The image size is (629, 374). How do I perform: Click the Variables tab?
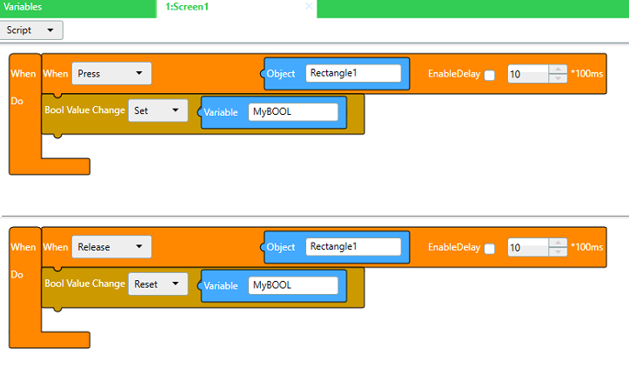click(23, 7)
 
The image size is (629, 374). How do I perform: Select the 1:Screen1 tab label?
click(187, 7)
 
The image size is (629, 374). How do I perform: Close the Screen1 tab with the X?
click(309, 6)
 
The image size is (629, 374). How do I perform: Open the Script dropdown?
click(31, 30)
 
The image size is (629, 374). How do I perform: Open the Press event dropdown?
click(111, 73)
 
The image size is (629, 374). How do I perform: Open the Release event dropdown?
click(111, 247)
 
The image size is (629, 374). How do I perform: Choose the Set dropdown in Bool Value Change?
click(158, 110)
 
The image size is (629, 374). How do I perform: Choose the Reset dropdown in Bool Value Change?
click(158, 284)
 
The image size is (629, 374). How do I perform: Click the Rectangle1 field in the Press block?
click(353, 73)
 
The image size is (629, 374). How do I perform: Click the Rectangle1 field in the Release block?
click(353, 246)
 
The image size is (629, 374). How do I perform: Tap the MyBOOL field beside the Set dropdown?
click(293, 112)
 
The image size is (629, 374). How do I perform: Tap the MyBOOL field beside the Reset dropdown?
click(293, 285)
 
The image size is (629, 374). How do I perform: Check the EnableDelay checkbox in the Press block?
click(490, 75)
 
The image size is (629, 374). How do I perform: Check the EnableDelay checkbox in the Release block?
click(490, 249)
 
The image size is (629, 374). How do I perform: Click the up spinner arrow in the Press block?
click(558, 70)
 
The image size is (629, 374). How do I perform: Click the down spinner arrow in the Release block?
click(558, 251)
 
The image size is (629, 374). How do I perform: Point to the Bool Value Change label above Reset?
click(84, 284)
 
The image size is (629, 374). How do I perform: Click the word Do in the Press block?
click(17, 101)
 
